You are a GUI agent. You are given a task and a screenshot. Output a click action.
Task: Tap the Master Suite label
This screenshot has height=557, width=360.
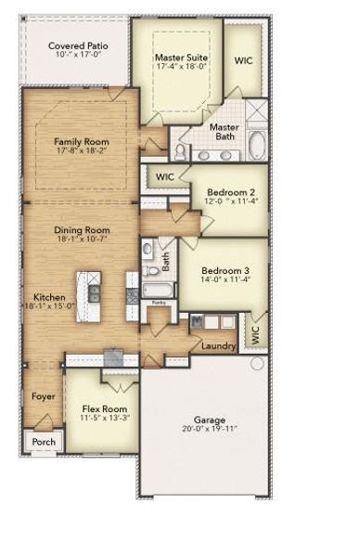click(181, 58)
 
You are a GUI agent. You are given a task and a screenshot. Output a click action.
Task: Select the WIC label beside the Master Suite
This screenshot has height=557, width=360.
click(243, 60)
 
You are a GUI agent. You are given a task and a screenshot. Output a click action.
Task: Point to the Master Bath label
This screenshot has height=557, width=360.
click(224, 133)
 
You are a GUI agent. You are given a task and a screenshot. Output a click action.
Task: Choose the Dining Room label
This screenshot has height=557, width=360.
click(82, 230)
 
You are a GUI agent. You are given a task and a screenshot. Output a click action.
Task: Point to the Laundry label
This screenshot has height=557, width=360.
click(218, 347)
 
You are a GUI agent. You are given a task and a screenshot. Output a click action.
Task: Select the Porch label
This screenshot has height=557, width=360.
click(44, 442)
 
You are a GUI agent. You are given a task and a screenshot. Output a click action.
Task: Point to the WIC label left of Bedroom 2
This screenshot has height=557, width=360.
click(165, 176)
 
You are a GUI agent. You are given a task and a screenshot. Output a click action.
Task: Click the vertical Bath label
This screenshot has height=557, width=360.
click(166, 263)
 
